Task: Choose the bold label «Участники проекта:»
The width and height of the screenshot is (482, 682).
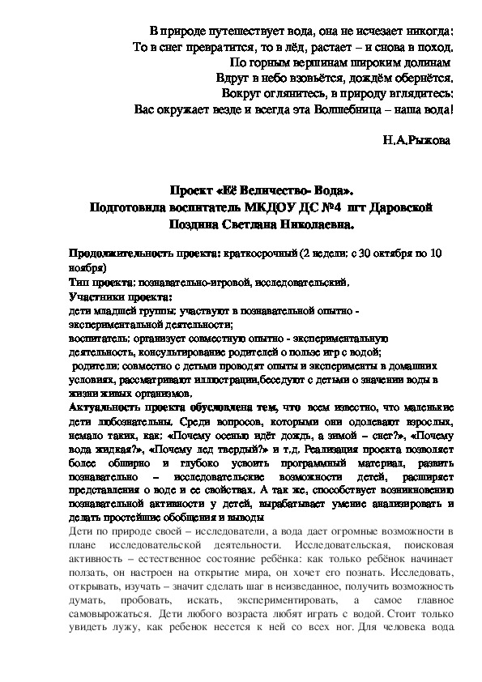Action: (x=115, y=296)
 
